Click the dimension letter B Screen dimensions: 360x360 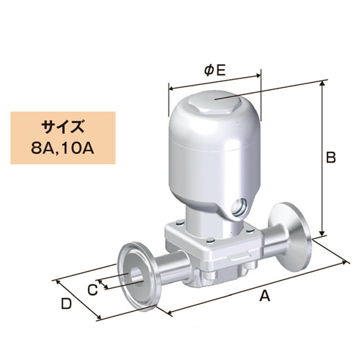click(x=330, y=158)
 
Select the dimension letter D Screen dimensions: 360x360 click(x=66, y=304)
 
